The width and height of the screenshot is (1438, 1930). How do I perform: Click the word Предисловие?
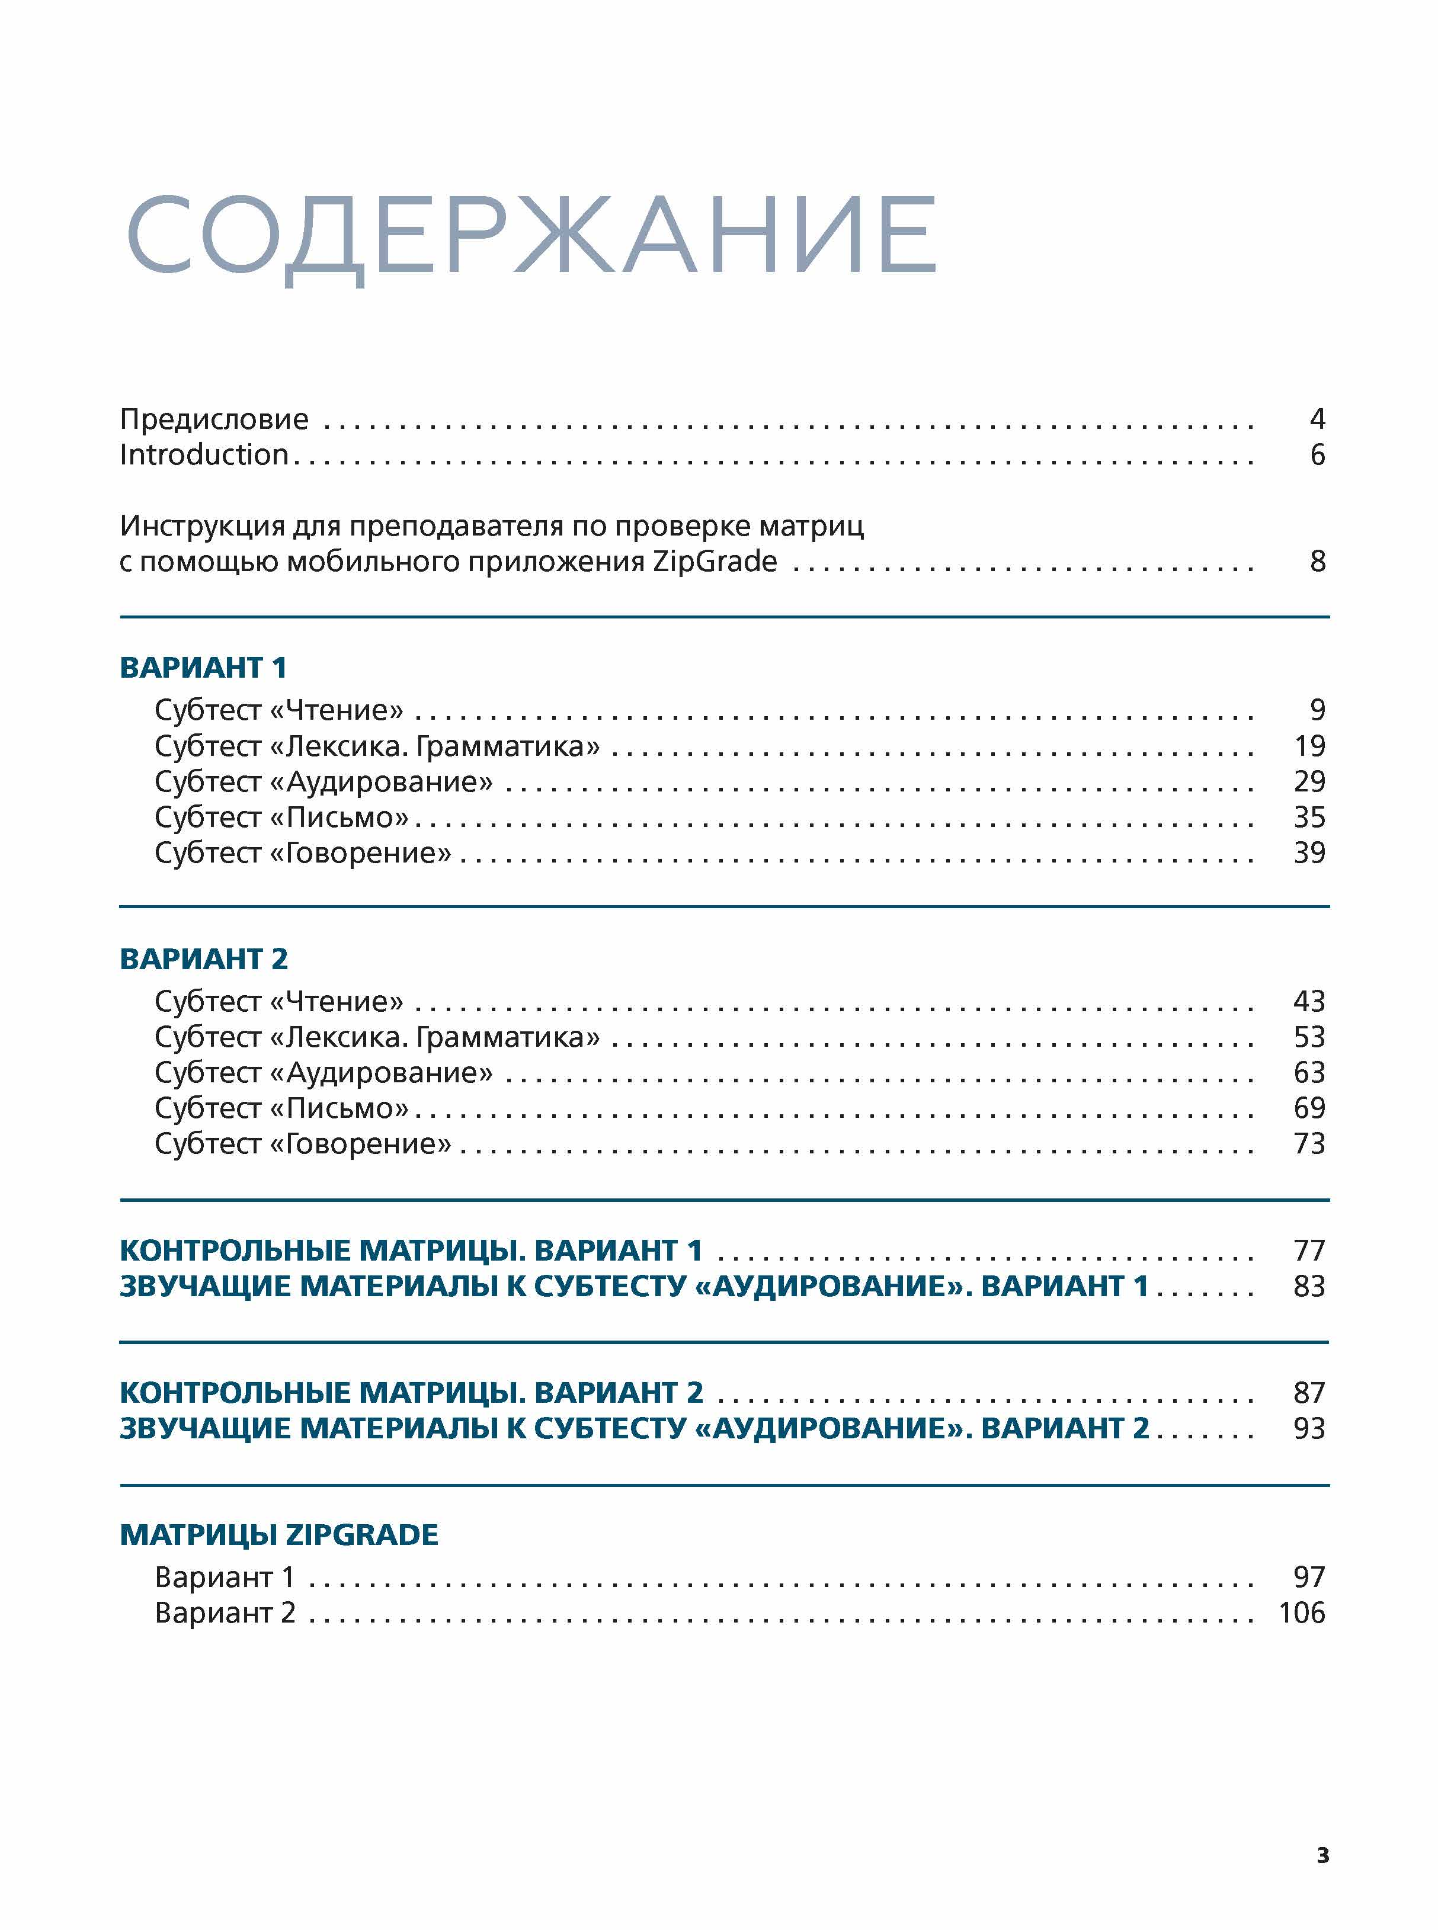[214, 419]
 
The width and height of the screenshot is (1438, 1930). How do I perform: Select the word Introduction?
[204, 455]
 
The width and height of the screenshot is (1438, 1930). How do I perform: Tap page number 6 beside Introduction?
[1317, 455]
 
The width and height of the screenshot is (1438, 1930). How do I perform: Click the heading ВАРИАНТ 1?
[203, 668]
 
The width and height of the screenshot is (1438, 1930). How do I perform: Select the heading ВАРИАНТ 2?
[203, 959]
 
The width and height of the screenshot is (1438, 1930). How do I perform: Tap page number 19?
[1309, 746]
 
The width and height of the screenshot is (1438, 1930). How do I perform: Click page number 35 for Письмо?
[1309, 817]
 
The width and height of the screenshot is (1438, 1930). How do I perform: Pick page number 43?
[1309, 1002]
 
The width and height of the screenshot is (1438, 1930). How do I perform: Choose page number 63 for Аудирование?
[1309, 1073]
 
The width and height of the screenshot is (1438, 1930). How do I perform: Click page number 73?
[1309, 1143]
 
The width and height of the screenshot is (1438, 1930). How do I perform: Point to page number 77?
[1309, 1251]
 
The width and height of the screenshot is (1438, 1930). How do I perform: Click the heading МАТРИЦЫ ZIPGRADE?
[278, 1535]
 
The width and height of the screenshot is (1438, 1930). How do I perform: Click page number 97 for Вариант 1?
[1309, 1578]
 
